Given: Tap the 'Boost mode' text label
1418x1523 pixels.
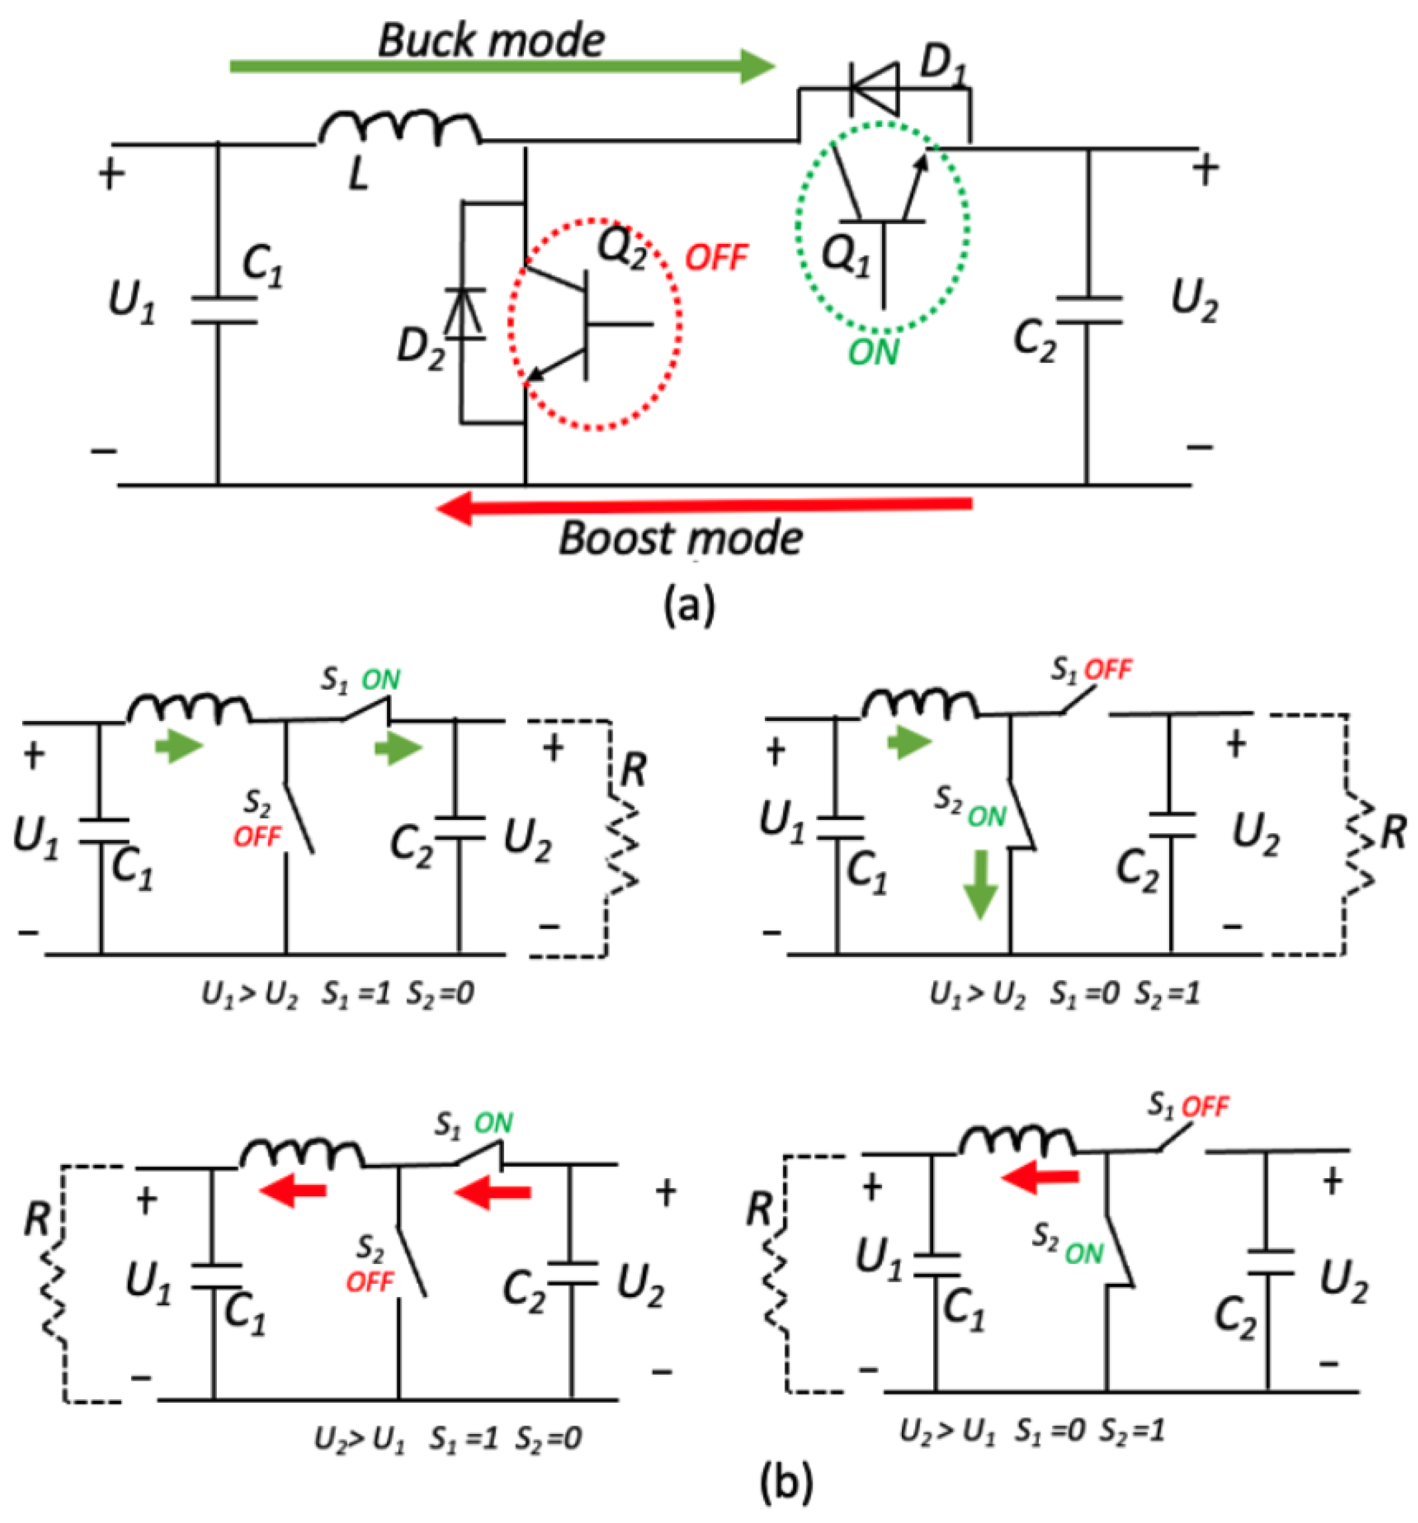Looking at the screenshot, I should point(680,538).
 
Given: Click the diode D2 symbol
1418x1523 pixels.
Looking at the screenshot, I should point(464,314).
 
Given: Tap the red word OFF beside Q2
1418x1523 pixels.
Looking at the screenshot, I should point(716,259).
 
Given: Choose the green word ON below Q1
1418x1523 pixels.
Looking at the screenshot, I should point(873,353).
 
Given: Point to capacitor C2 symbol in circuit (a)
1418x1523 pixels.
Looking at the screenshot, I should point(1087,310).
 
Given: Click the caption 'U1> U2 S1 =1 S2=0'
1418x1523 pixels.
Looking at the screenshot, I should point(337,994).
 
